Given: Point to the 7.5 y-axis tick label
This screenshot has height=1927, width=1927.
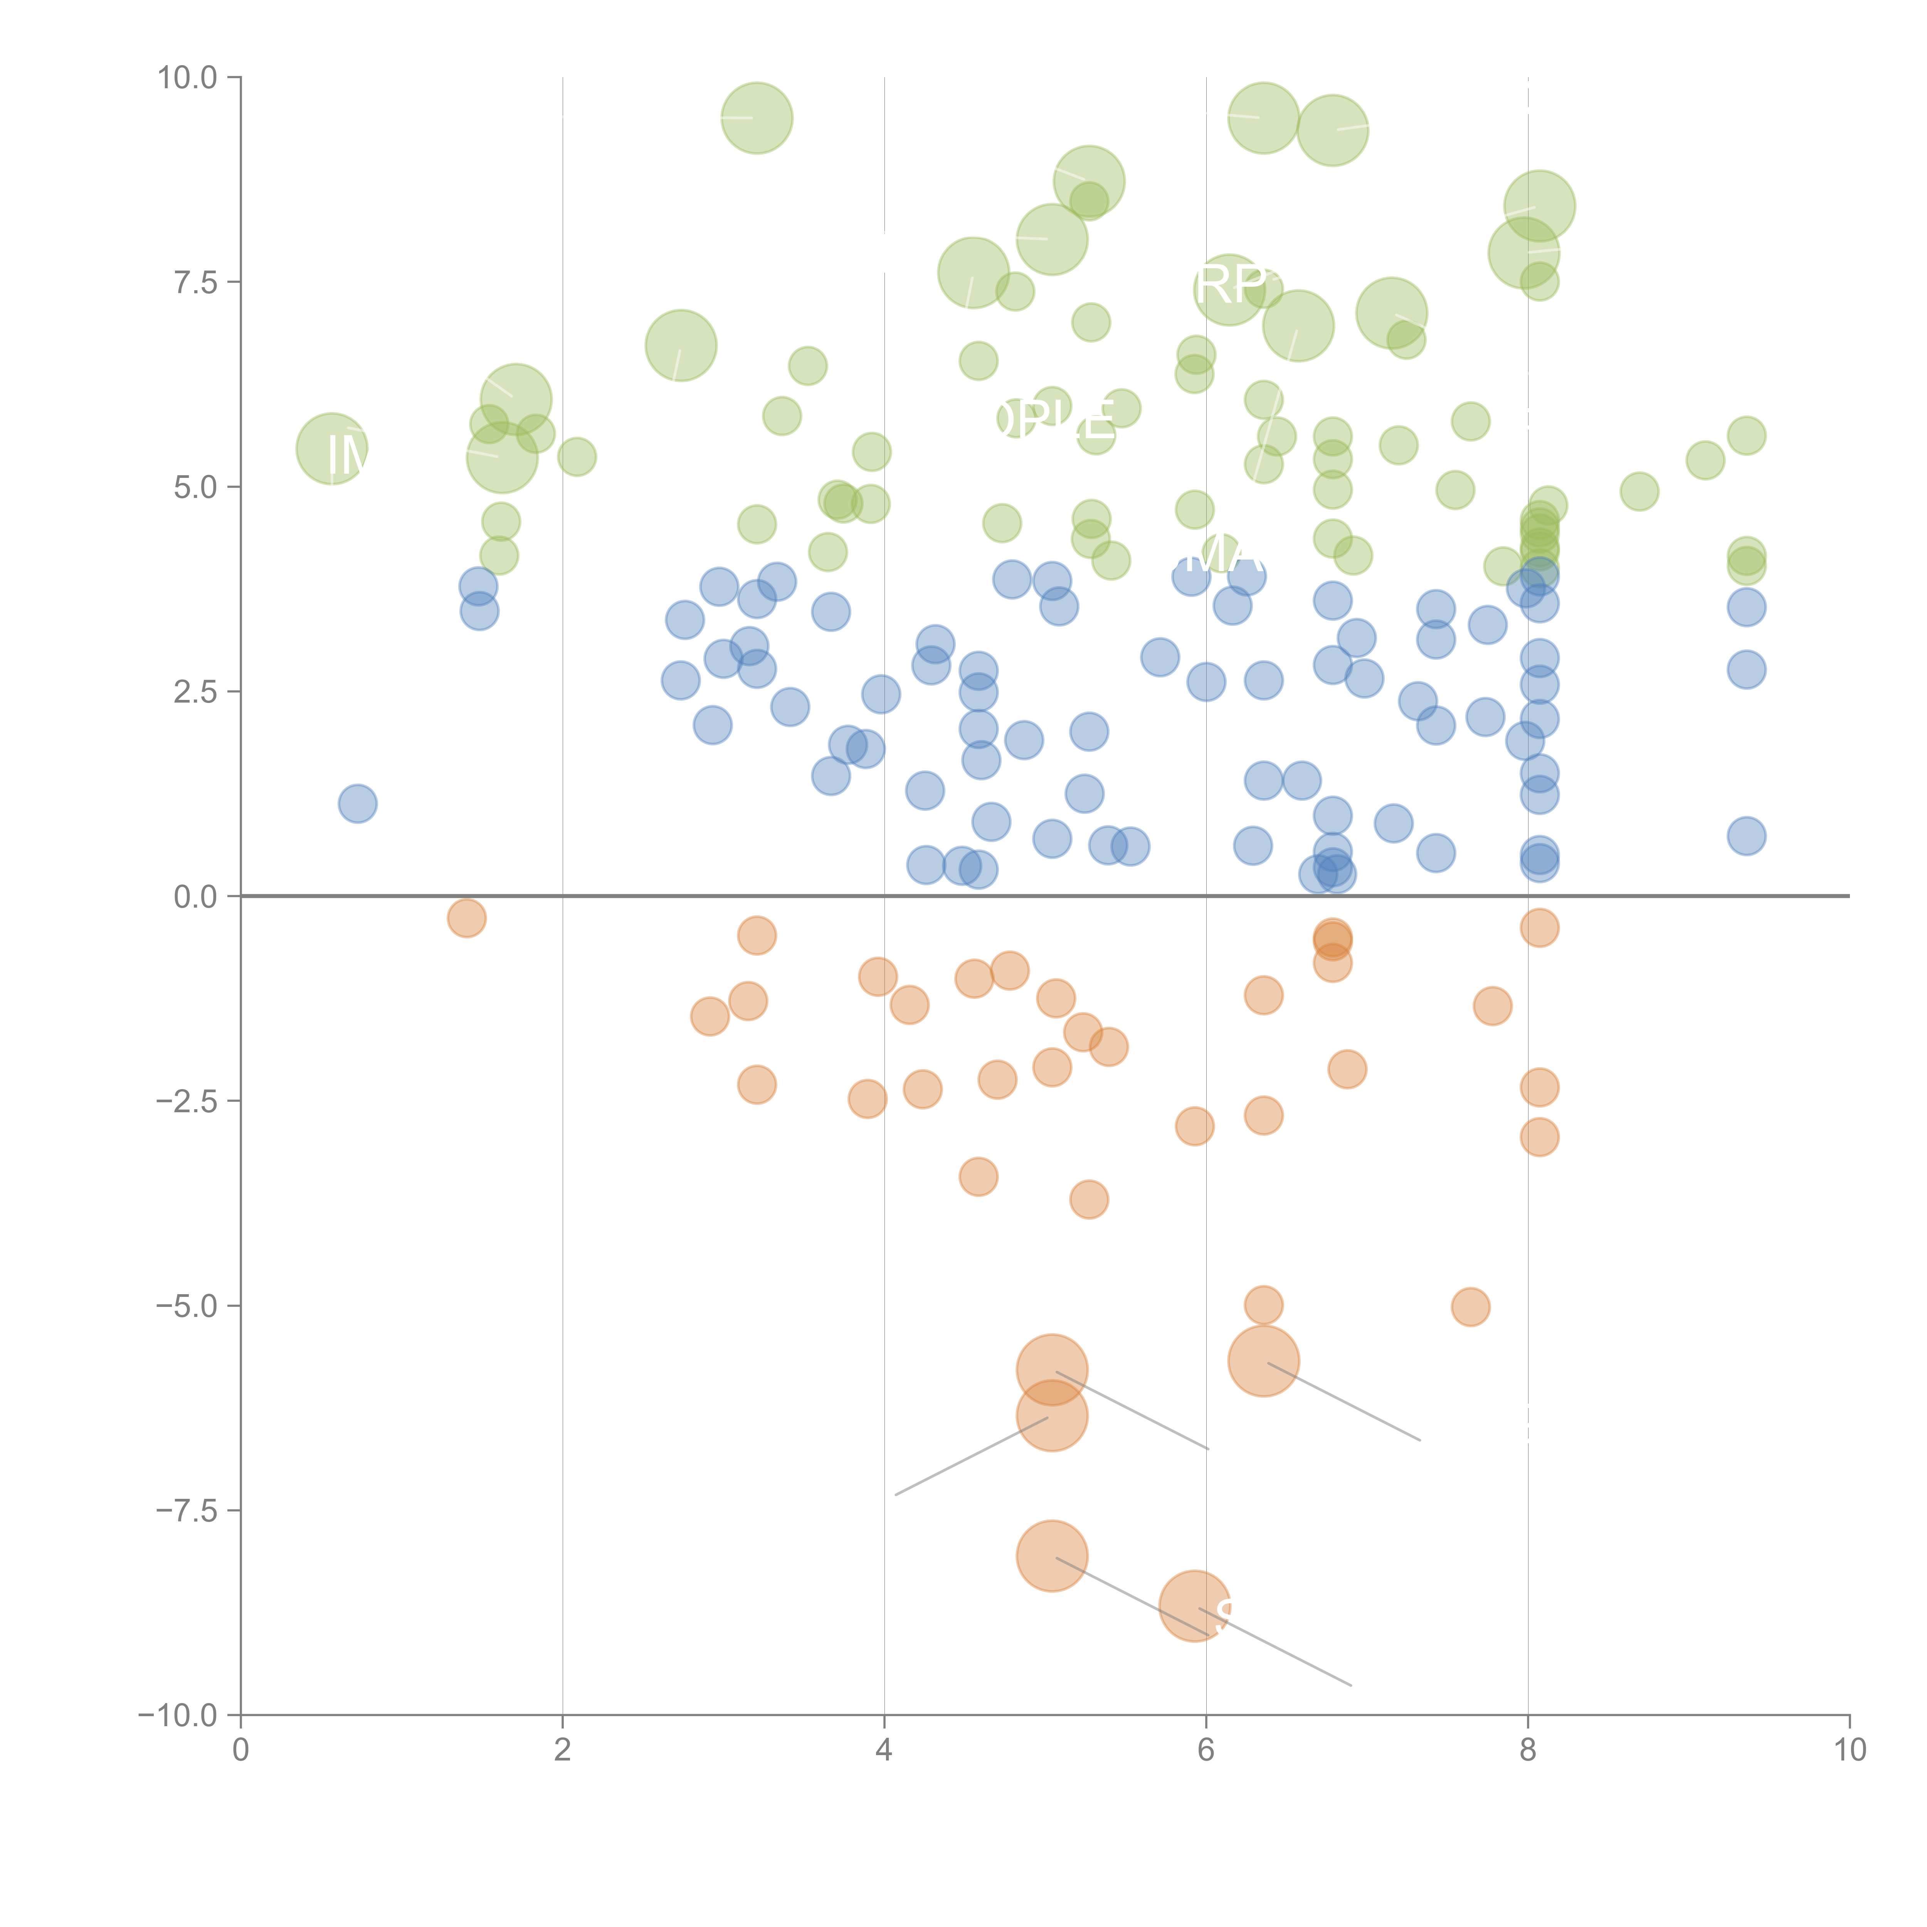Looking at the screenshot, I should [195, 282].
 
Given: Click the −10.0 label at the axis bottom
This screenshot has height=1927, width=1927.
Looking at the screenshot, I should [178, 1715].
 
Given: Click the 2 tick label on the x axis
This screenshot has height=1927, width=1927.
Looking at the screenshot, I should [563, 1750].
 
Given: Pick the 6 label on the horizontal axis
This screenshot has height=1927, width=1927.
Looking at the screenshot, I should [1206, 1750].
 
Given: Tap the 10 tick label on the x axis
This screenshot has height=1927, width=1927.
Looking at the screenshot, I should [1849, 1750].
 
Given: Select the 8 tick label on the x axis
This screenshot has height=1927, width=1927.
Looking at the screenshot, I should [1528, 1750].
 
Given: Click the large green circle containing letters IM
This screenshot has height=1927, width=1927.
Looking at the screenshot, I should [332, 449].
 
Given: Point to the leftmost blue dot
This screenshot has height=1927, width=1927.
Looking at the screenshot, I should [357, 803].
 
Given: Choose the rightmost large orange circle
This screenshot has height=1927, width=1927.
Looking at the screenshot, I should [1264, 1362].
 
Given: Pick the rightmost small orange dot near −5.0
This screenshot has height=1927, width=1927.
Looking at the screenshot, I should [1470, 1307].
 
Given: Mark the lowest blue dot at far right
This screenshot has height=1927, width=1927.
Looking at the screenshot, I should [1747, 836].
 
